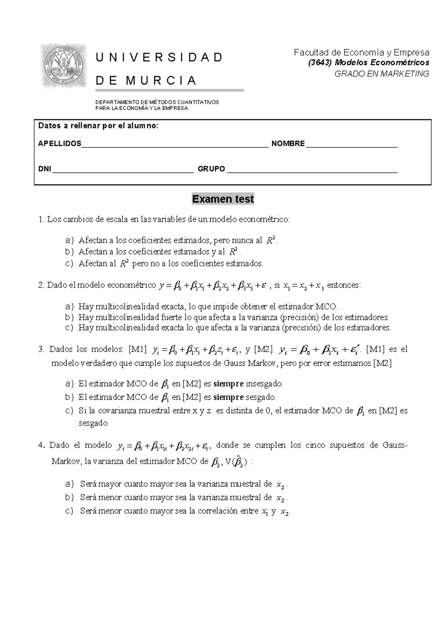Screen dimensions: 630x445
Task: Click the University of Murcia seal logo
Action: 63,66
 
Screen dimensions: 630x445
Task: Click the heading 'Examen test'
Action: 222,199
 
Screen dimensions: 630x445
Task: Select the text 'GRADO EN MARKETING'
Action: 382,73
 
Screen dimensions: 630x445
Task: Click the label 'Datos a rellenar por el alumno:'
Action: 98,126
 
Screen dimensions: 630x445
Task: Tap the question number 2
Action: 41,285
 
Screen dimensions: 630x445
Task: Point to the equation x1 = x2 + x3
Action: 303,286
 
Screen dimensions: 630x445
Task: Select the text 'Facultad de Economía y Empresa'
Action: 361,52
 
